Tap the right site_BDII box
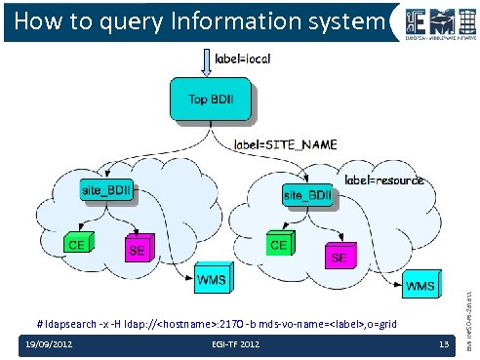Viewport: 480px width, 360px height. (x=307, y=196)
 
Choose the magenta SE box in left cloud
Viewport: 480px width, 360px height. (x=138, y=250)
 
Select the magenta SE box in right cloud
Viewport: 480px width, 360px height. (x=339, y=258)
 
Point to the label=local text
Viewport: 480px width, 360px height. (x=242, y=60)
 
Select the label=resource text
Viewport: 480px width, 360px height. (x=385, y=180)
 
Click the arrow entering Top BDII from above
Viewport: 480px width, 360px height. (x=205, y=62)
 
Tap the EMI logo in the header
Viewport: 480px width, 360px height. (x=434, y=21)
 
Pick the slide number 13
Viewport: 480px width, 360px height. (x=442, y=344)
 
